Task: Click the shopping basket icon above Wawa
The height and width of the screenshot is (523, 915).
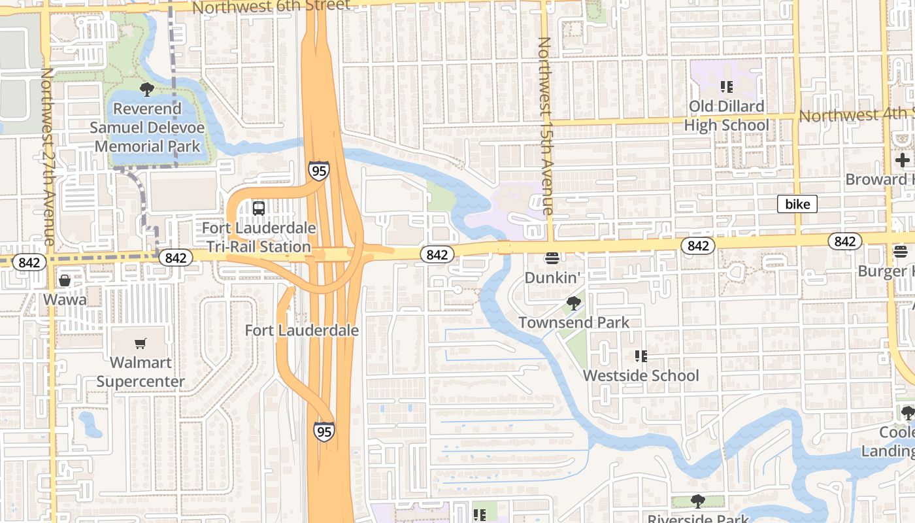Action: pyautogui.click(x=65, y=280)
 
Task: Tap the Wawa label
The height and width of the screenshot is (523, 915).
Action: pyautogui.click(x=65, y=299)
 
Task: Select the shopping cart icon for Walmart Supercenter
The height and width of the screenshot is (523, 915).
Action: pyautogui.click(x=141, y=343)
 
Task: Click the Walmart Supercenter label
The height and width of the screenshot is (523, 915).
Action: pyautogui.click(x=141, y=372)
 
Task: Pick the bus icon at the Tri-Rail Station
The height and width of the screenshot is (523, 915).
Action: pyautogui.click(x=259, y=209)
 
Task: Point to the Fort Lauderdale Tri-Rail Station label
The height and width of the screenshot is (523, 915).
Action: pyautogui.click(x=259, y=237)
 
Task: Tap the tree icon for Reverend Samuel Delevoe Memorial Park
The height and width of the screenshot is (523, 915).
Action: pyautogui.click(x=147, y=89)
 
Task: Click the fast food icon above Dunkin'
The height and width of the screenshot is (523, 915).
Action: pyautogui.click(x=552, y=258)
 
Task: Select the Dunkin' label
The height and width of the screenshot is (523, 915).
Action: pyautogui.click(x=552, y=278)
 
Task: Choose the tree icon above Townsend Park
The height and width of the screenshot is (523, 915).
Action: pyautogui.click(x=574, y=303)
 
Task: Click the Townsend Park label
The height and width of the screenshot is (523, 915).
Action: pyautogui.click(x=574, y=322)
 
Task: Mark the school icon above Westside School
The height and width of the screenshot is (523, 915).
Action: pyautogui.click(x=641, y=356)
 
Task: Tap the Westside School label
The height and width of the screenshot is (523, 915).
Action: pyautogui.click(x=641, y=376)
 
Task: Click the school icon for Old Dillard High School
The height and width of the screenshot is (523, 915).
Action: pyautogui.click(x=726, y=86)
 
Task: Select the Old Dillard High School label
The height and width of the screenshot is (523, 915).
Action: pyautogui.click(x=726, y=116)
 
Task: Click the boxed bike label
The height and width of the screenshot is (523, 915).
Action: pyautogui.click(x=797, y=205)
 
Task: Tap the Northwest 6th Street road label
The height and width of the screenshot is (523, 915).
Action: pyautogui.click(x=271, y=7)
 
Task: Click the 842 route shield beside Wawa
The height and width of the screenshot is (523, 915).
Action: pyautogui.click(x=29, y=263)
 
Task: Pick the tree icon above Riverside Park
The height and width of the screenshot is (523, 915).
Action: pyautogui.click(x=698, y=501)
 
